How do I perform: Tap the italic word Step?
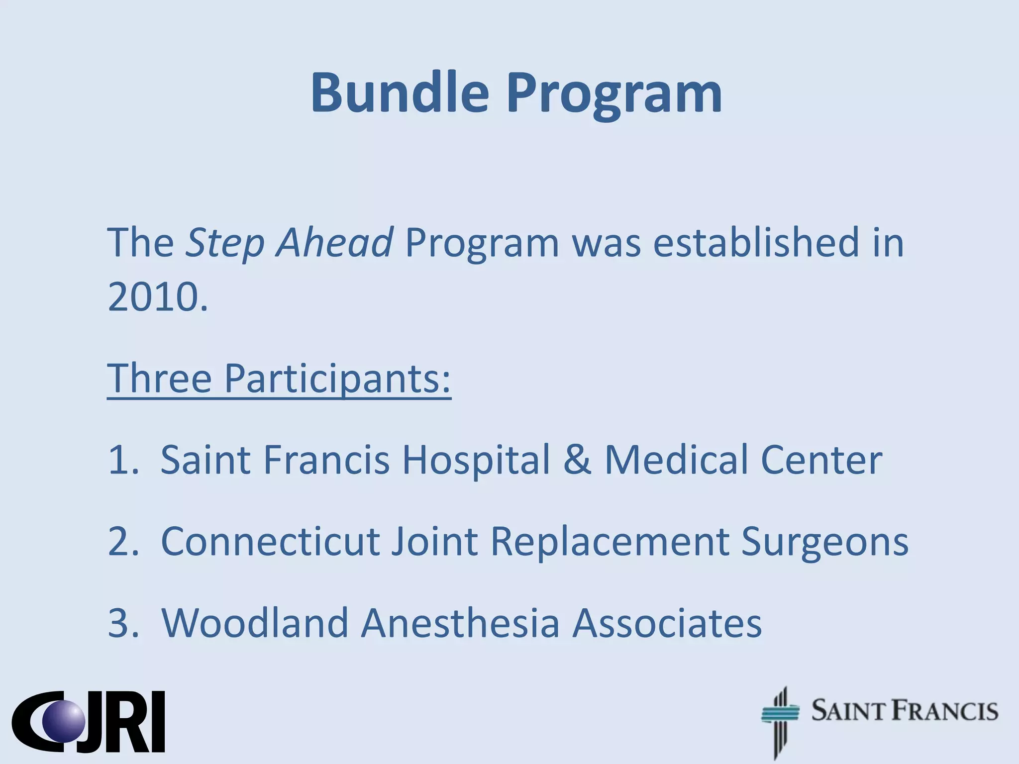(224, 243)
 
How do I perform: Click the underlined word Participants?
(337, 379)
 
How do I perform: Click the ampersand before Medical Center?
(577, 460)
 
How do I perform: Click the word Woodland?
(254, 623)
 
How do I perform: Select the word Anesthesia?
(460, 623)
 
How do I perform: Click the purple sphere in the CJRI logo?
(64, 721)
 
